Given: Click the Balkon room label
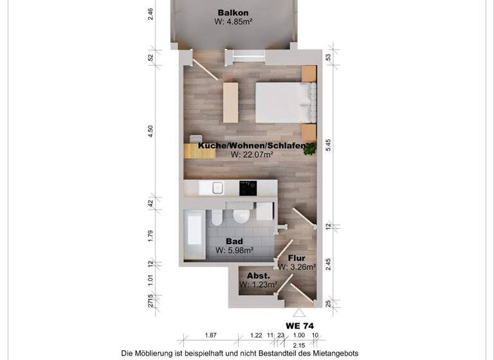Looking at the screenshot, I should [233, 13].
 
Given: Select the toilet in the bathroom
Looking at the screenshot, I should [217, 217].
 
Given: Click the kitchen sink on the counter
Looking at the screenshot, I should [217, 188].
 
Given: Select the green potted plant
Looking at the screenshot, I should [311, 149].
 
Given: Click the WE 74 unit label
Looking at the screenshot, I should [299, 326].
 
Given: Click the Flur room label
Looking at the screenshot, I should [297, 258].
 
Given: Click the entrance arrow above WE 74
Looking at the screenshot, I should [298, 312].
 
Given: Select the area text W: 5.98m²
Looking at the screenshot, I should [234, 250].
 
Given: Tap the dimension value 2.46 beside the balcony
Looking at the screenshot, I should [151, 14].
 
